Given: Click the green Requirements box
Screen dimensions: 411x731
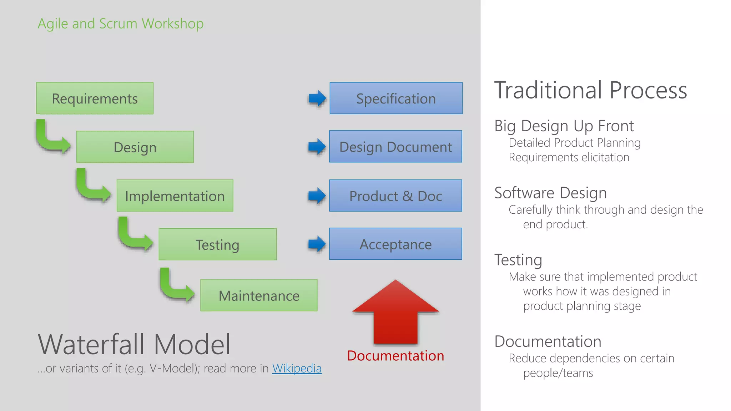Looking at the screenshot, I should point(95,98).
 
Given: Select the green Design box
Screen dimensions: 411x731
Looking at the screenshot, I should point(135,147).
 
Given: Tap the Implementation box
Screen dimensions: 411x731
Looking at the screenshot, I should point(175,196).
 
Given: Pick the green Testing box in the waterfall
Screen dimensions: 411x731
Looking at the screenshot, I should point(217,244).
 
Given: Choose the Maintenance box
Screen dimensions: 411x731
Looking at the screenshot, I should point(259,295).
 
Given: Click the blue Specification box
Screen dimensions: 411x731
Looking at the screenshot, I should point(396,98).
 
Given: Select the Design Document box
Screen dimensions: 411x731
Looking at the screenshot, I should point(395,147).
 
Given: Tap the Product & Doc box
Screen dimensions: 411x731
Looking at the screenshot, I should point(395,196).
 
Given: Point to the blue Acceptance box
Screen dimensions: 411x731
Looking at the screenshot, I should point(395,244).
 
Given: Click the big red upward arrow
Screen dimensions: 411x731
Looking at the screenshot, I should point(395,314).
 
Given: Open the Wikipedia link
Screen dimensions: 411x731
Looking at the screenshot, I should point(297,368).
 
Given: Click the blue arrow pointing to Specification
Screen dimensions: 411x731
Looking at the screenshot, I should point(317,98).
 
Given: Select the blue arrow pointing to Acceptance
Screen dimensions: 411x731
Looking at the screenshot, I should point(317,244).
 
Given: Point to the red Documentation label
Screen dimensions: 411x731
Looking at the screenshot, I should point(395,356).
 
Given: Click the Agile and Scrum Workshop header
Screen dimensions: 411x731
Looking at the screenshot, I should point(121,24).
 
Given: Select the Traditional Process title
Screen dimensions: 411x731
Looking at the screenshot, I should point(590,90).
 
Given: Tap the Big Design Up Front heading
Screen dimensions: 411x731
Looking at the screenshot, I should point(564,126).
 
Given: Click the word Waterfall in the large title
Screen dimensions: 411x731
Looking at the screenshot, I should point(91,344).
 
